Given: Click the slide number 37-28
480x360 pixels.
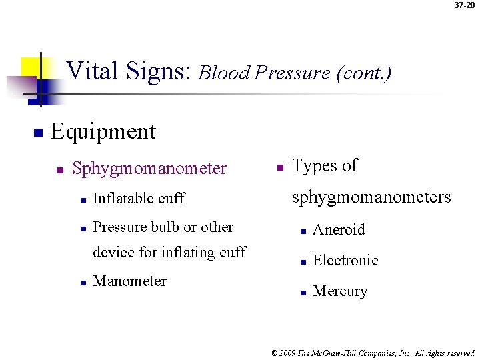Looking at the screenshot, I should click(x=464, y=5).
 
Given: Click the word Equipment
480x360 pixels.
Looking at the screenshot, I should click(x=103, y=131).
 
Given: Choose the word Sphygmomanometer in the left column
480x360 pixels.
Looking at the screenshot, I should click(x=149, y=169).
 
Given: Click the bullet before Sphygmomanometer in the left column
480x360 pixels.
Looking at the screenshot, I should click(x=60, y=170).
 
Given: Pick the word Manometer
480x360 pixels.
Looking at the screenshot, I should click(x=130, y=281).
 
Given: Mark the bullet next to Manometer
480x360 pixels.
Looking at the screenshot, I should click(x=82, y=282).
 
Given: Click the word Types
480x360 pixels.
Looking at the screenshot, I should click(x=316, y=165).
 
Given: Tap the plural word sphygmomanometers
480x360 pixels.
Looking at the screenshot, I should click(x=372, y=197).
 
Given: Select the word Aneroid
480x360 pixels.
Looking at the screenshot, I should click(x=339, y=230).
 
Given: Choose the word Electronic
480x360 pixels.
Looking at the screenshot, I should click(x=345, y=260).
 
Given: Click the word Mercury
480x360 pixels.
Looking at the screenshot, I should click(x=340, y=291).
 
